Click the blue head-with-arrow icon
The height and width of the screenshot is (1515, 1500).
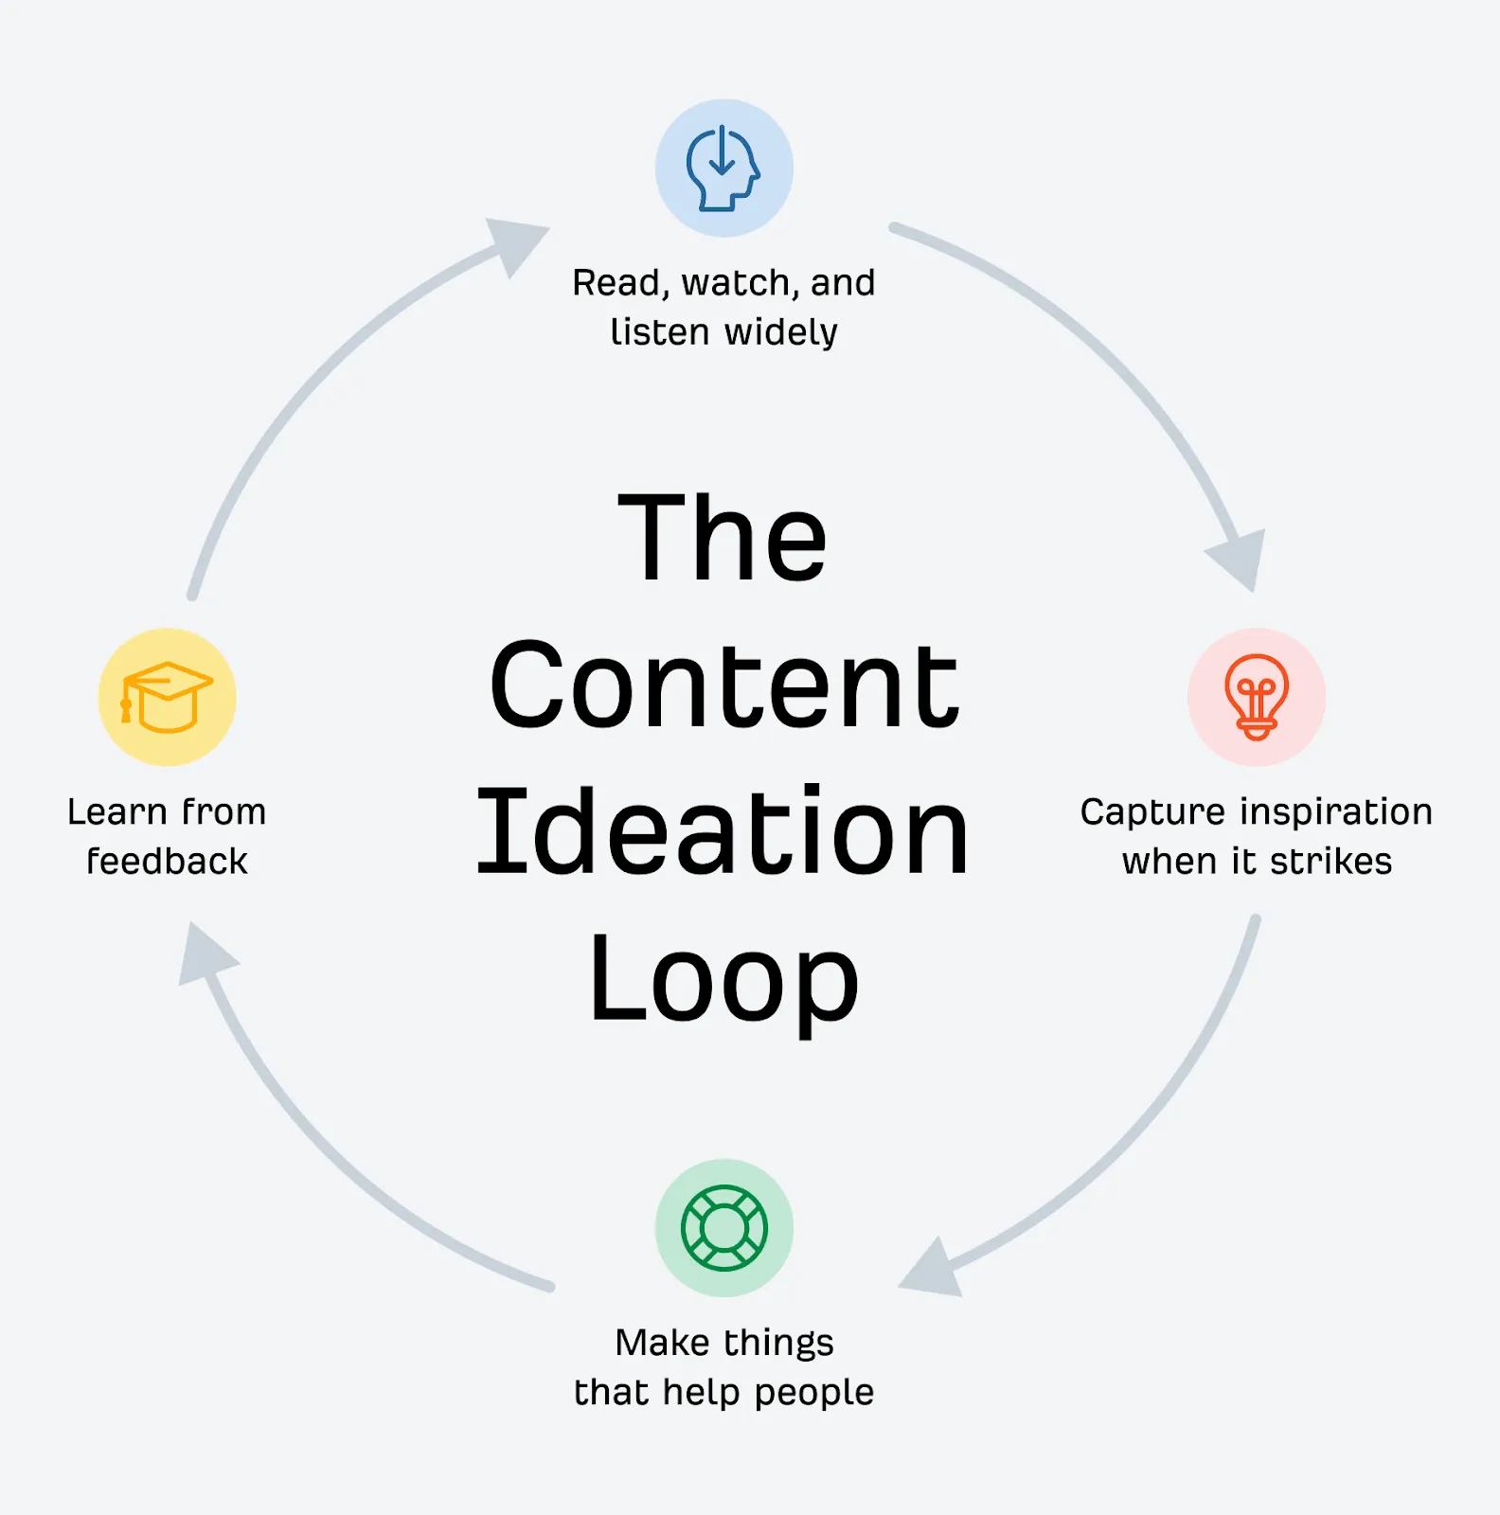[x=723, y=169]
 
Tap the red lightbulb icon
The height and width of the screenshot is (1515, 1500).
[x=1256, y=697]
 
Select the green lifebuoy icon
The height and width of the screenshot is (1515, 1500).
[x=723, y=1228]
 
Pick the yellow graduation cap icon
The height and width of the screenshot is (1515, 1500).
[x=168, y=697]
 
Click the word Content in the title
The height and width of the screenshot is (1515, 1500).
[x=723, y=684]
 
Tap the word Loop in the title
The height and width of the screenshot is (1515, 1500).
[x=723, y=979]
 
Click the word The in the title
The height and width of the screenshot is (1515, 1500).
[x=723, y=538]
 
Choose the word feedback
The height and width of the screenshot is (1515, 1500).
[x=168, y=862]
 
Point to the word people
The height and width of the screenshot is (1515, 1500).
[x=813, y=1393]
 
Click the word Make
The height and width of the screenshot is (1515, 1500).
[x=662, y=1343]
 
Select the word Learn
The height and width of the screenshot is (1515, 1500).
[x=116, y=812]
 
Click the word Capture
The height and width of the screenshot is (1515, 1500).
[x=1152, y=812]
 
